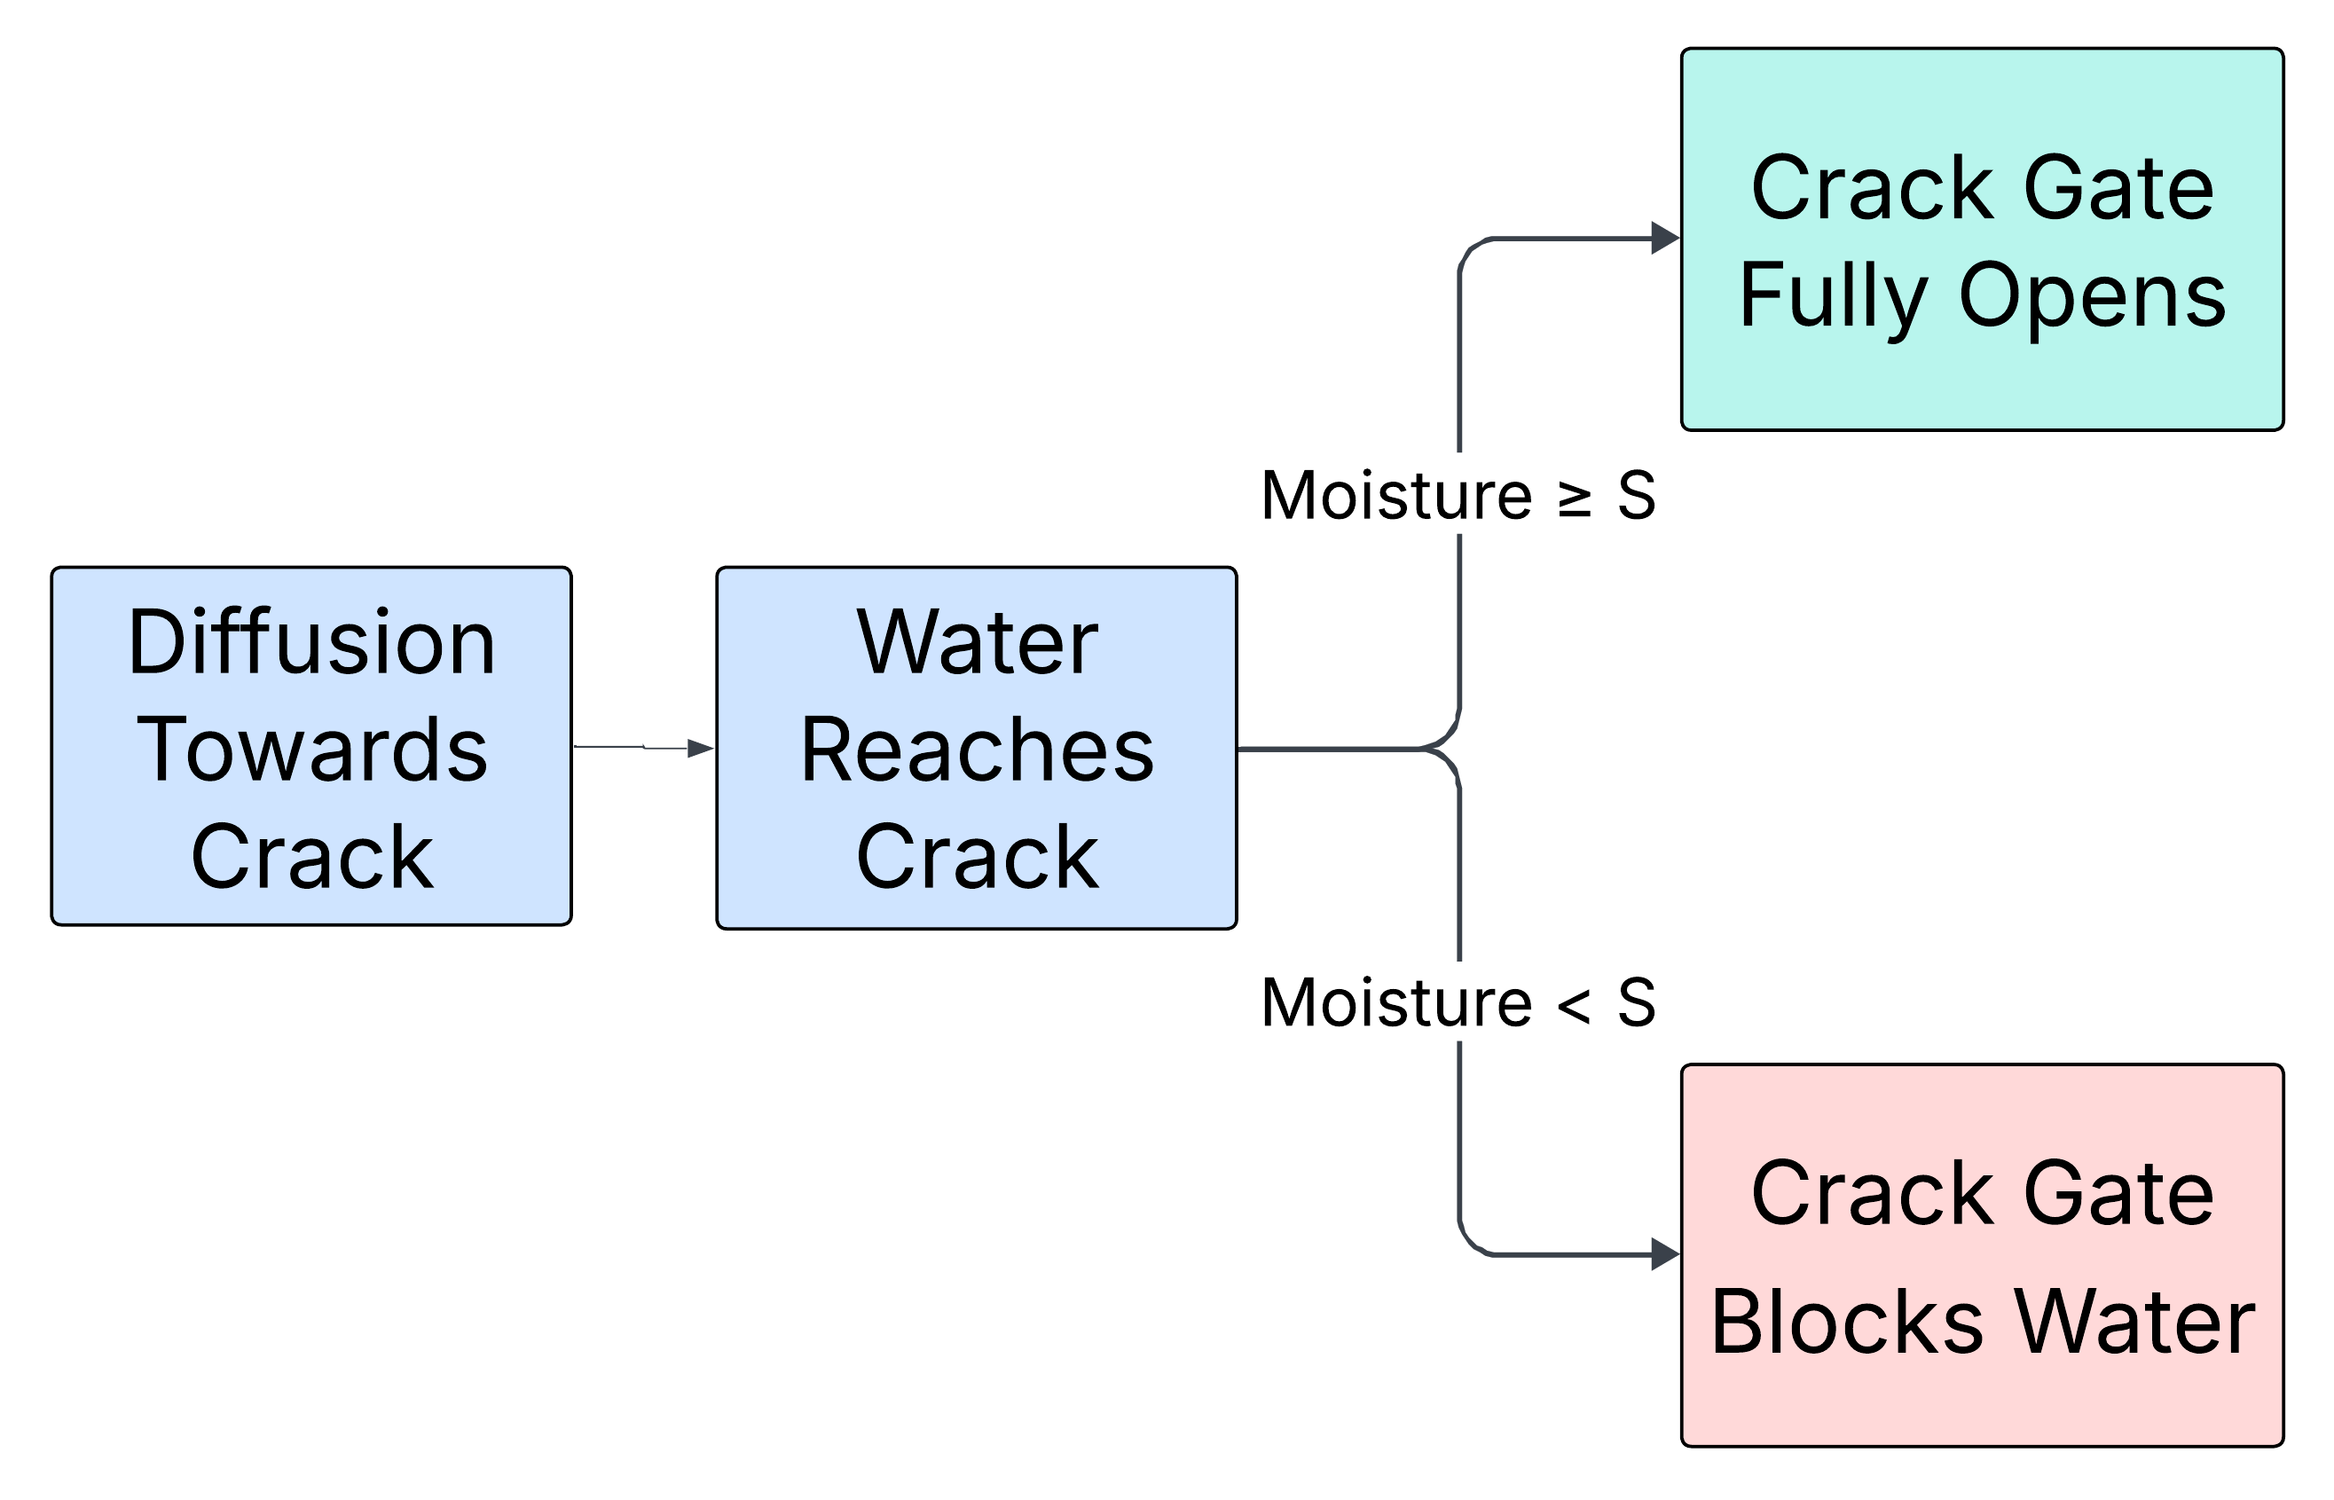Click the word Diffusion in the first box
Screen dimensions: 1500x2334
[311, 643]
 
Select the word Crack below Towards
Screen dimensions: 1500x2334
[311, 856]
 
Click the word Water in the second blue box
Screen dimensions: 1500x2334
[977, 643]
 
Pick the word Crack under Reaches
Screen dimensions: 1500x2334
[977, 856]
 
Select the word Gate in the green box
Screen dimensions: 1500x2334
[2118, 187]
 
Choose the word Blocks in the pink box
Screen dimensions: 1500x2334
[1847, 1322]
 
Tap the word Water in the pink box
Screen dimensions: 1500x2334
[2134, 1322]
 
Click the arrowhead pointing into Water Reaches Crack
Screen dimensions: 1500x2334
[702, 748]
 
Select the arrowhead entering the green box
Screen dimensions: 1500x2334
[1665, 238]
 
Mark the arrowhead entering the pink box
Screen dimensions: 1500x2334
[1665, 1254]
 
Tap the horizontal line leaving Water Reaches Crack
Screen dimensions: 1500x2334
[1324, 748]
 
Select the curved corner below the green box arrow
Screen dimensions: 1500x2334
[1469, 249]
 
